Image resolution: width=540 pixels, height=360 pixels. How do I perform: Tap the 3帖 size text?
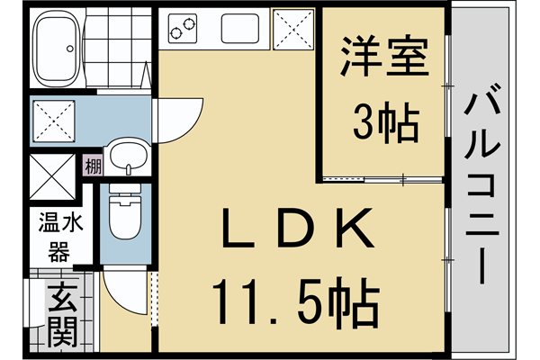(x=385, y=123)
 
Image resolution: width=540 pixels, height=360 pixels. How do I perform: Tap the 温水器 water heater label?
(x=59, y=236)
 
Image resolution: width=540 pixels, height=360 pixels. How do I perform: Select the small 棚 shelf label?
(x=93, y=166)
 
